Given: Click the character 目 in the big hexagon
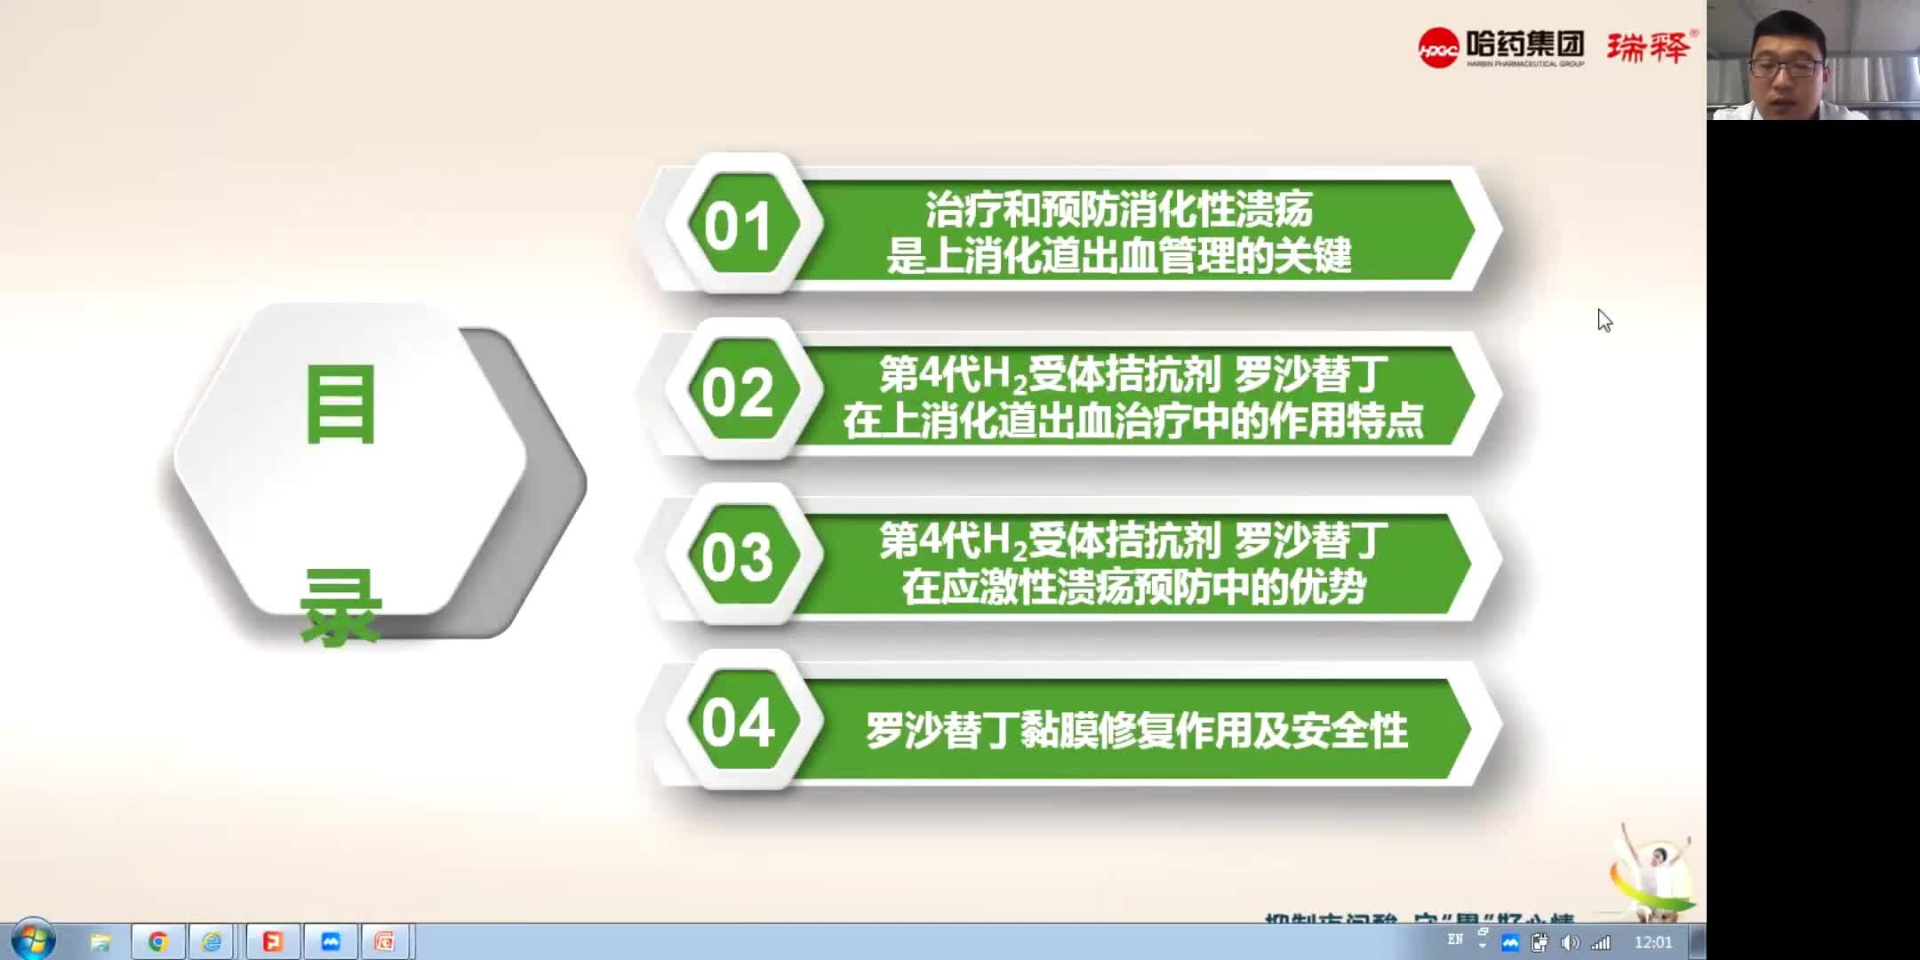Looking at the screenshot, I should click(x=340, y=405).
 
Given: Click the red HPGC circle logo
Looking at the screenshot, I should click(x=1437, y=49).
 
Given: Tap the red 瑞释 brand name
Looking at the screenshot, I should click(x=1648, y=47).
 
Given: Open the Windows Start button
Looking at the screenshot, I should click(x=32, y=940).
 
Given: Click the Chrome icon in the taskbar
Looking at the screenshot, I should click(x=158, y=941).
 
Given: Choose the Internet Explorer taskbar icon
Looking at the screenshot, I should click(x=212, y=941).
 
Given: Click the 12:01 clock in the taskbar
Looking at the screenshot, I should click(x=1652, y=942).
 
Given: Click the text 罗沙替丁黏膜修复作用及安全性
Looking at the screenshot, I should click(x=1136, y=731).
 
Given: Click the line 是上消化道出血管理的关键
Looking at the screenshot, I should click(x=1119, y=256).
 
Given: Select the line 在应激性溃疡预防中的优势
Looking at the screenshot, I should click(x=1133, y=588).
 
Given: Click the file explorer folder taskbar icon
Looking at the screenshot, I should click(x=100, y=941).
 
